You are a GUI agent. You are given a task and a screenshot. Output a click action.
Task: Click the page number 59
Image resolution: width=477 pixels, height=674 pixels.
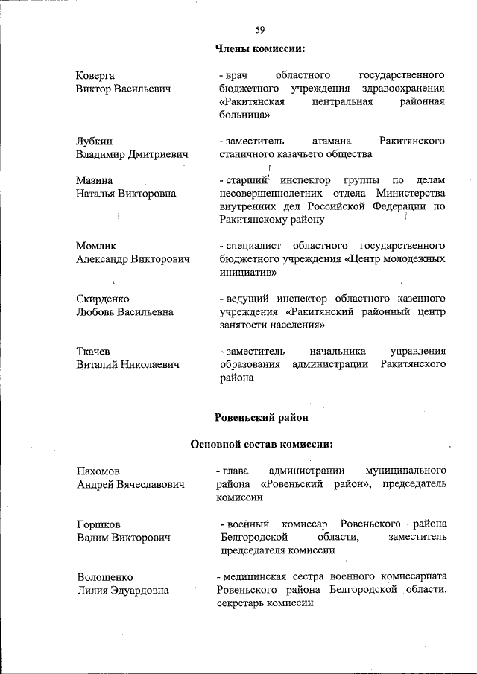point(260,30)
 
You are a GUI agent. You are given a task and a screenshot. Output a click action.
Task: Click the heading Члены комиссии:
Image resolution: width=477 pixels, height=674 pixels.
point(260,49)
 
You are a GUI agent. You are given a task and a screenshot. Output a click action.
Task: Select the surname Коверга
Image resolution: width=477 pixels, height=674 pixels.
point(95,76)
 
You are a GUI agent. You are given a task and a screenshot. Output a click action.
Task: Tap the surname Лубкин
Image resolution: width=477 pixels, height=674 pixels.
point(94,141)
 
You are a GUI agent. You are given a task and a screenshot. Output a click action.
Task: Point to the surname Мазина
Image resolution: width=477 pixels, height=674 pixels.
point(94,180)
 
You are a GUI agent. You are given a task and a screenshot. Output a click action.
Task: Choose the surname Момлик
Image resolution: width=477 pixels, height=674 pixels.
point(96,246)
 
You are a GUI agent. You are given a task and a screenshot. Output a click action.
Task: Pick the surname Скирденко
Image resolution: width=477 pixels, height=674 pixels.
point(102,299)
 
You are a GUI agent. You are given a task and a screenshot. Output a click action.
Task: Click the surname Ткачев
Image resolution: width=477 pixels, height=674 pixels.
point(93,351)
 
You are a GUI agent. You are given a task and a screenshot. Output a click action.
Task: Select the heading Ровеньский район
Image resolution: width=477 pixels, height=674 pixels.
point(260,418)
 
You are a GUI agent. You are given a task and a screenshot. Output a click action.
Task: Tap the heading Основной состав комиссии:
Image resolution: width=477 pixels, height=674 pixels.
point(260,445)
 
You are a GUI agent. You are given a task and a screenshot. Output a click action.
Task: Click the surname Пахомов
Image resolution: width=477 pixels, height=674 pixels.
point(98,471)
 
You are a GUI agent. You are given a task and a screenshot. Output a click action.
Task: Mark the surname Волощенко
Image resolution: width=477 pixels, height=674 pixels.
point(105,576)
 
